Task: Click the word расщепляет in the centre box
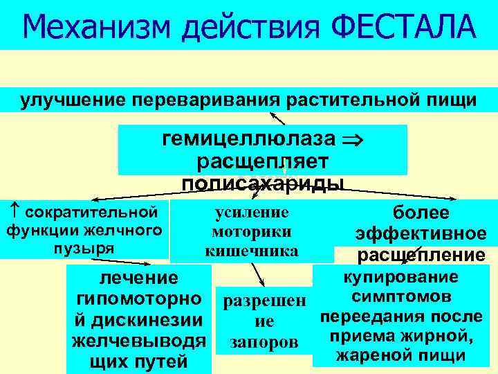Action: (x=262, y=161)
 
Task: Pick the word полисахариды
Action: (x=262, y=182)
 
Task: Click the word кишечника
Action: (x=252, y=251)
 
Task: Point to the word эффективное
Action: (x=421, y=234)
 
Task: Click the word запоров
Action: (x=259, y=342)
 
